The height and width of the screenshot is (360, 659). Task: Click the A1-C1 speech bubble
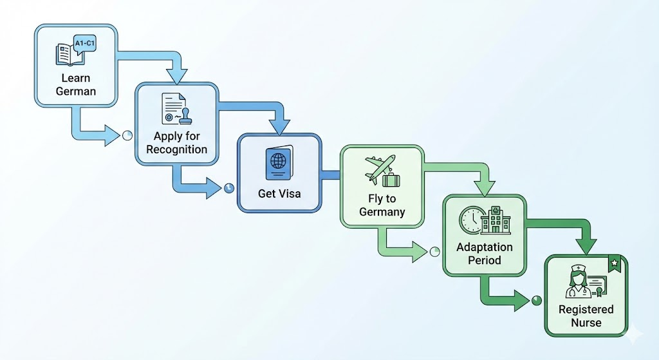(85, 44)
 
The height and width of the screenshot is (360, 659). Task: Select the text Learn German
(75, 84)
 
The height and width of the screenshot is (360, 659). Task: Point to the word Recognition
(176, 149)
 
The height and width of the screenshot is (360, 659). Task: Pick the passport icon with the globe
(279, 163)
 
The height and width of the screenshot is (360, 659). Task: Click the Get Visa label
(279, 193)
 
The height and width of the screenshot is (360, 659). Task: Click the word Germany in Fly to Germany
(382, 212)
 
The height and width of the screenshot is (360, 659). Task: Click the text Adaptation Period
(484, 254)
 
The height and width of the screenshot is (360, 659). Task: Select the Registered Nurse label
(586, 316)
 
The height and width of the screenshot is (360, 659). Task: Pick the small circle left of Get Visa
(229, 188)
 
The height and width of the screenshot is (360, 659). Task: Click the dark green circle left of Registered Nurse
(537, 300)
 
